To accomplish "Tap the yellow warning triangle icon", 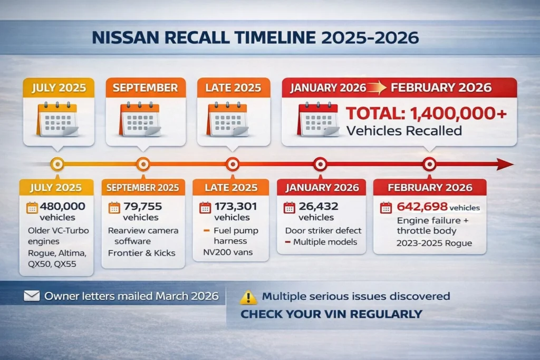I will pyautogui.click(x=247, y=297).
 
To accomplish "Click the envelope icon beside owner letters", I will pyautogui.click(x=32, y=296).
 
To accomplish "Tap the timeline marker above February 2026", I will pyautogui.click(x=429, y=164).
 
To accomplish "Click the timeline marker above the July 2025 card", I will pyautogui.click(x=57, y=164).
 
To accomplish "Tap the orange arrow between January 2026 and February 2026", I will pyautogui.click(x=377, y=88).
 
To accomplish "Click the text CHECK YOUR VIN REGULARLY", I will pyautogui.click(x=331, y=314).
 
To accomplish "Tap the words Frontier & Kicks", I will pyautogui.click(x=142, y=252).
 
